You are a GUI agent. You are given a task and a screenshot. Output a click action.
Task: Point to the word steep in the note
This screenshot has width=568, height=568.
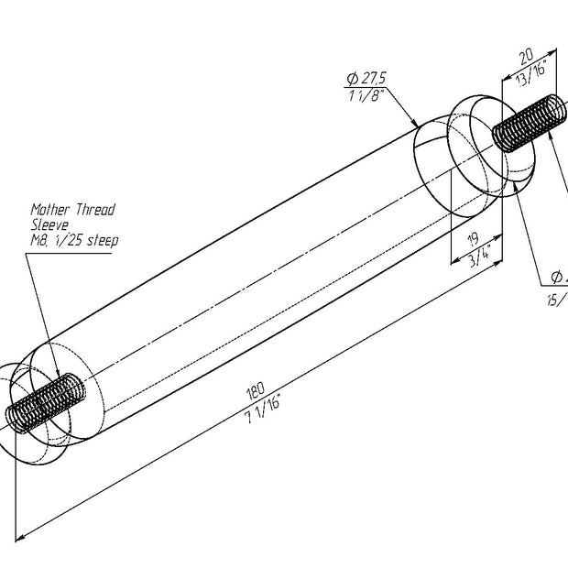coord(103,240)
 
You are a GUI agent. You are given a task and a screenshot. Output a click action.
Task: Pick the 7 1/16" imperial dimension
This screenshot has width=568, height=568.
coord(263,404)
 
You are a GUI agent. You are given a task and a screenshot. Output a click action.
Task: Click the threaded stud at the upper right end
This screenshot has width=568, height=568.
coord(523,123)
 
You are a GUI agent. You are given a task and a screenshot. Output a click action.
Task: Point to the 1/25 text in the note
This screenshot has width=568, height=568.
coord(71,240)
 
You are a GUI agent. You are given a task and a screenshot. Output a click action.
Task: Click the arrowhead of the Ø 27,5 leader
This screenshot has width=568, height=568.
coord(417,126)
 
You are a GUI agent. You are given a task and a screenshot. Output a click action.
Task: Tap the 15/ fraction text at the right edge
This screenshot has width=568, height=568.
coord(555,300)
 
